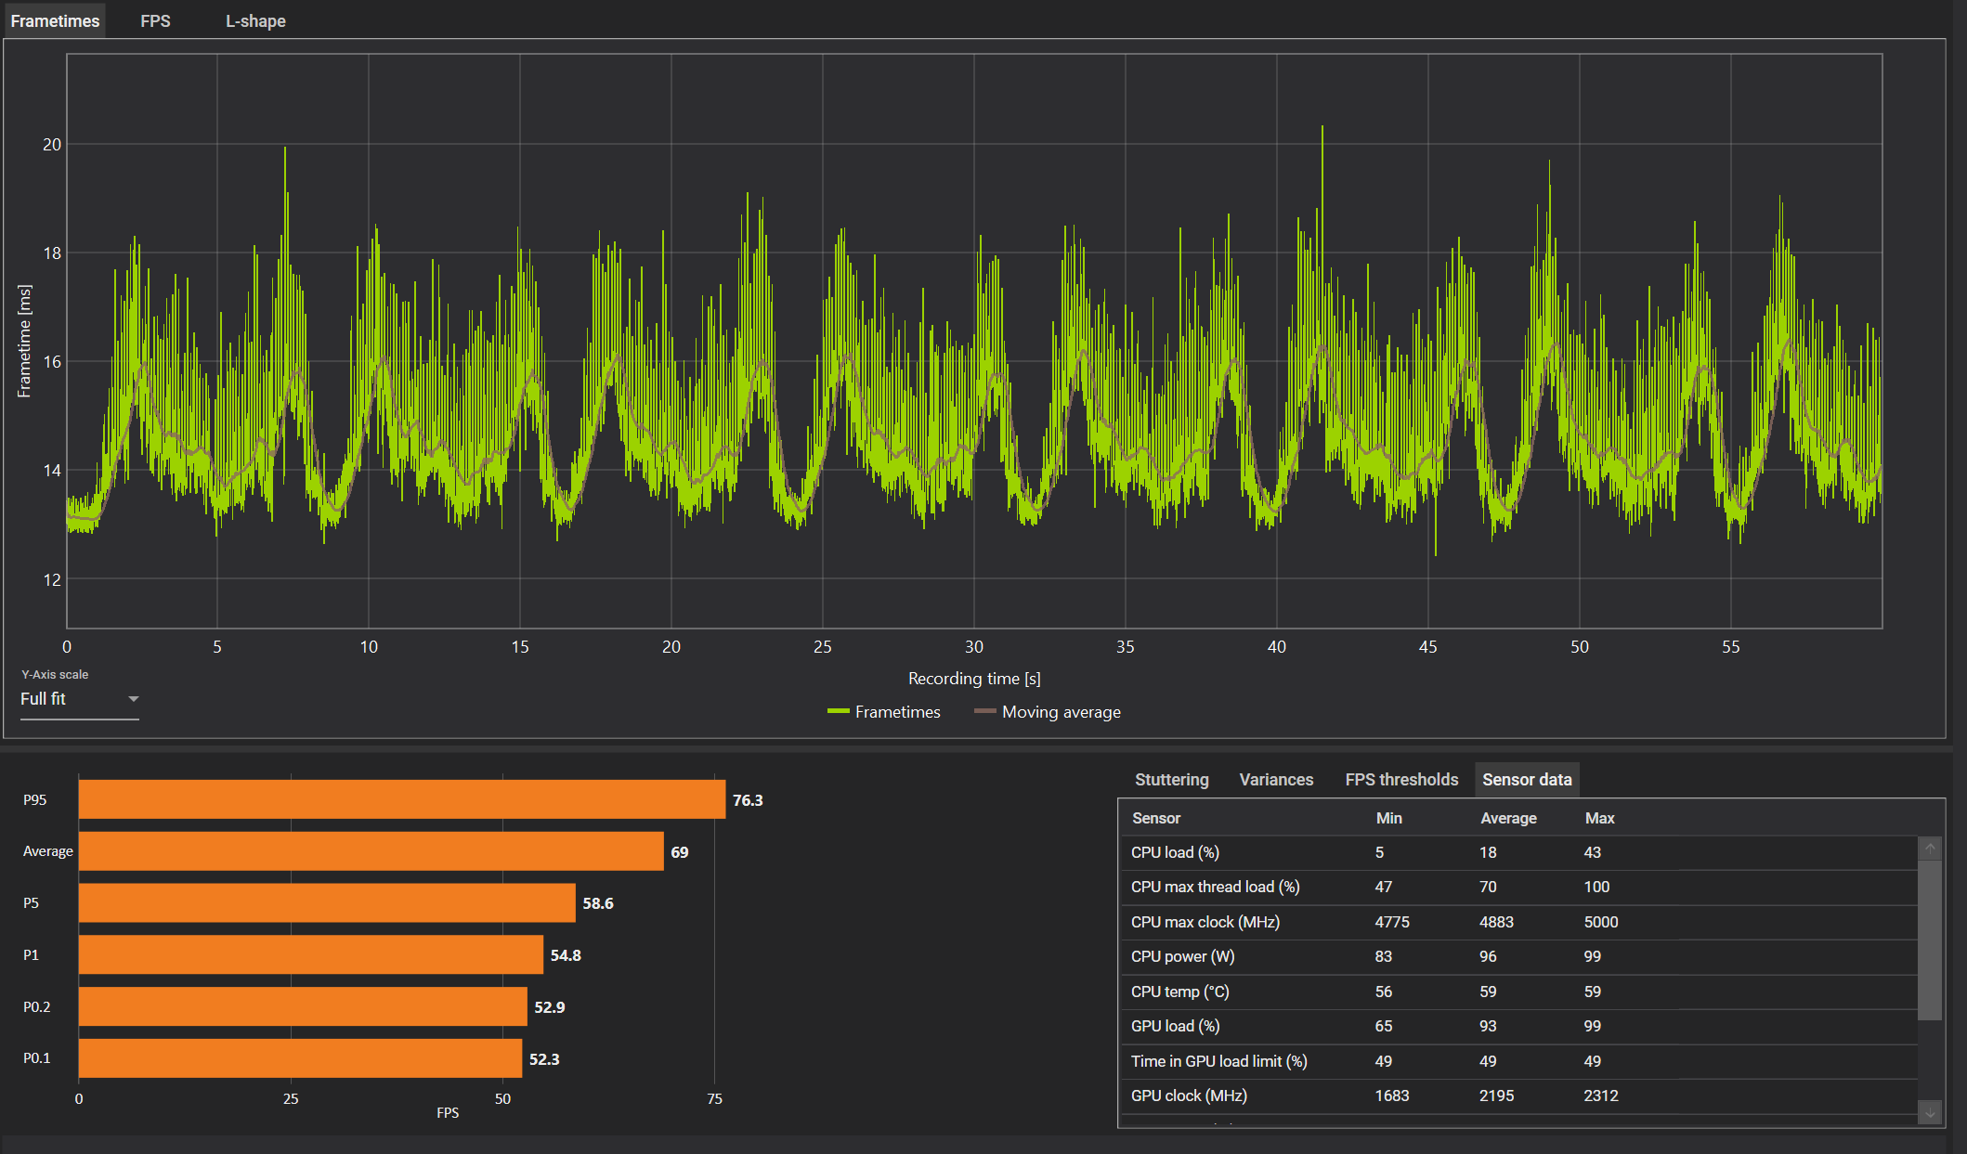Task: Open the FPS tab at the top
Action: [x=155, y=20]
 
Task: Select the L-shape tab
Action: [x=255, y=20]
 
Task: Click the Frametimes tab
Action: [x=55, y=20]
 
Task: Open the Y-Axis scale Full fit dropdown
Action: [x=79, y=699]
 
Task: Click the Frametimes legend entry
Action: [x=883, y=712]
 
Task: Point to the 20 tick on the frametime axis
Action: [x=52, y=144]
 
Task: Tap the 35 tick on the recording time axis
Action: [x=1126, y=647]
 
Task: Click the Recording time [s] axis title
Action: [x=974, y=679]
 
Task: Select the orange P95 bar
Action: [x=402, y=799]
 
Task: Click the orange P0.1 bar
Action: [x=300, y=1058]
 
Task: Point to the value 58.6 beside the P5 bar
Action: [x=598, y=903]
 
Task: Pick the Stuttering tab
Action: [x=1172, y=780]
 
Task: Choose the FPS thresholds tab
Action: [x=1401, y=780]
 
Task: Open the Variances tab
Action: [x=1276, y=780]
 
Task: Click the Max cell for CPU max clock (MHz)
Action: [x=1601, y=922]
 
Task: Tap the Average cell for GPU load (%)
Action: [x=1488, y=1026]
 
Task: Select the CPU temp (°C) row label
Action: [x=1179, y=992]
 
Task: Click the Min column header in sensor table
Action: [x=1389, y=818]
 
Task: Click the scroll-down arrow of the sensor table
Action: [x=1930, y=1112]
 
